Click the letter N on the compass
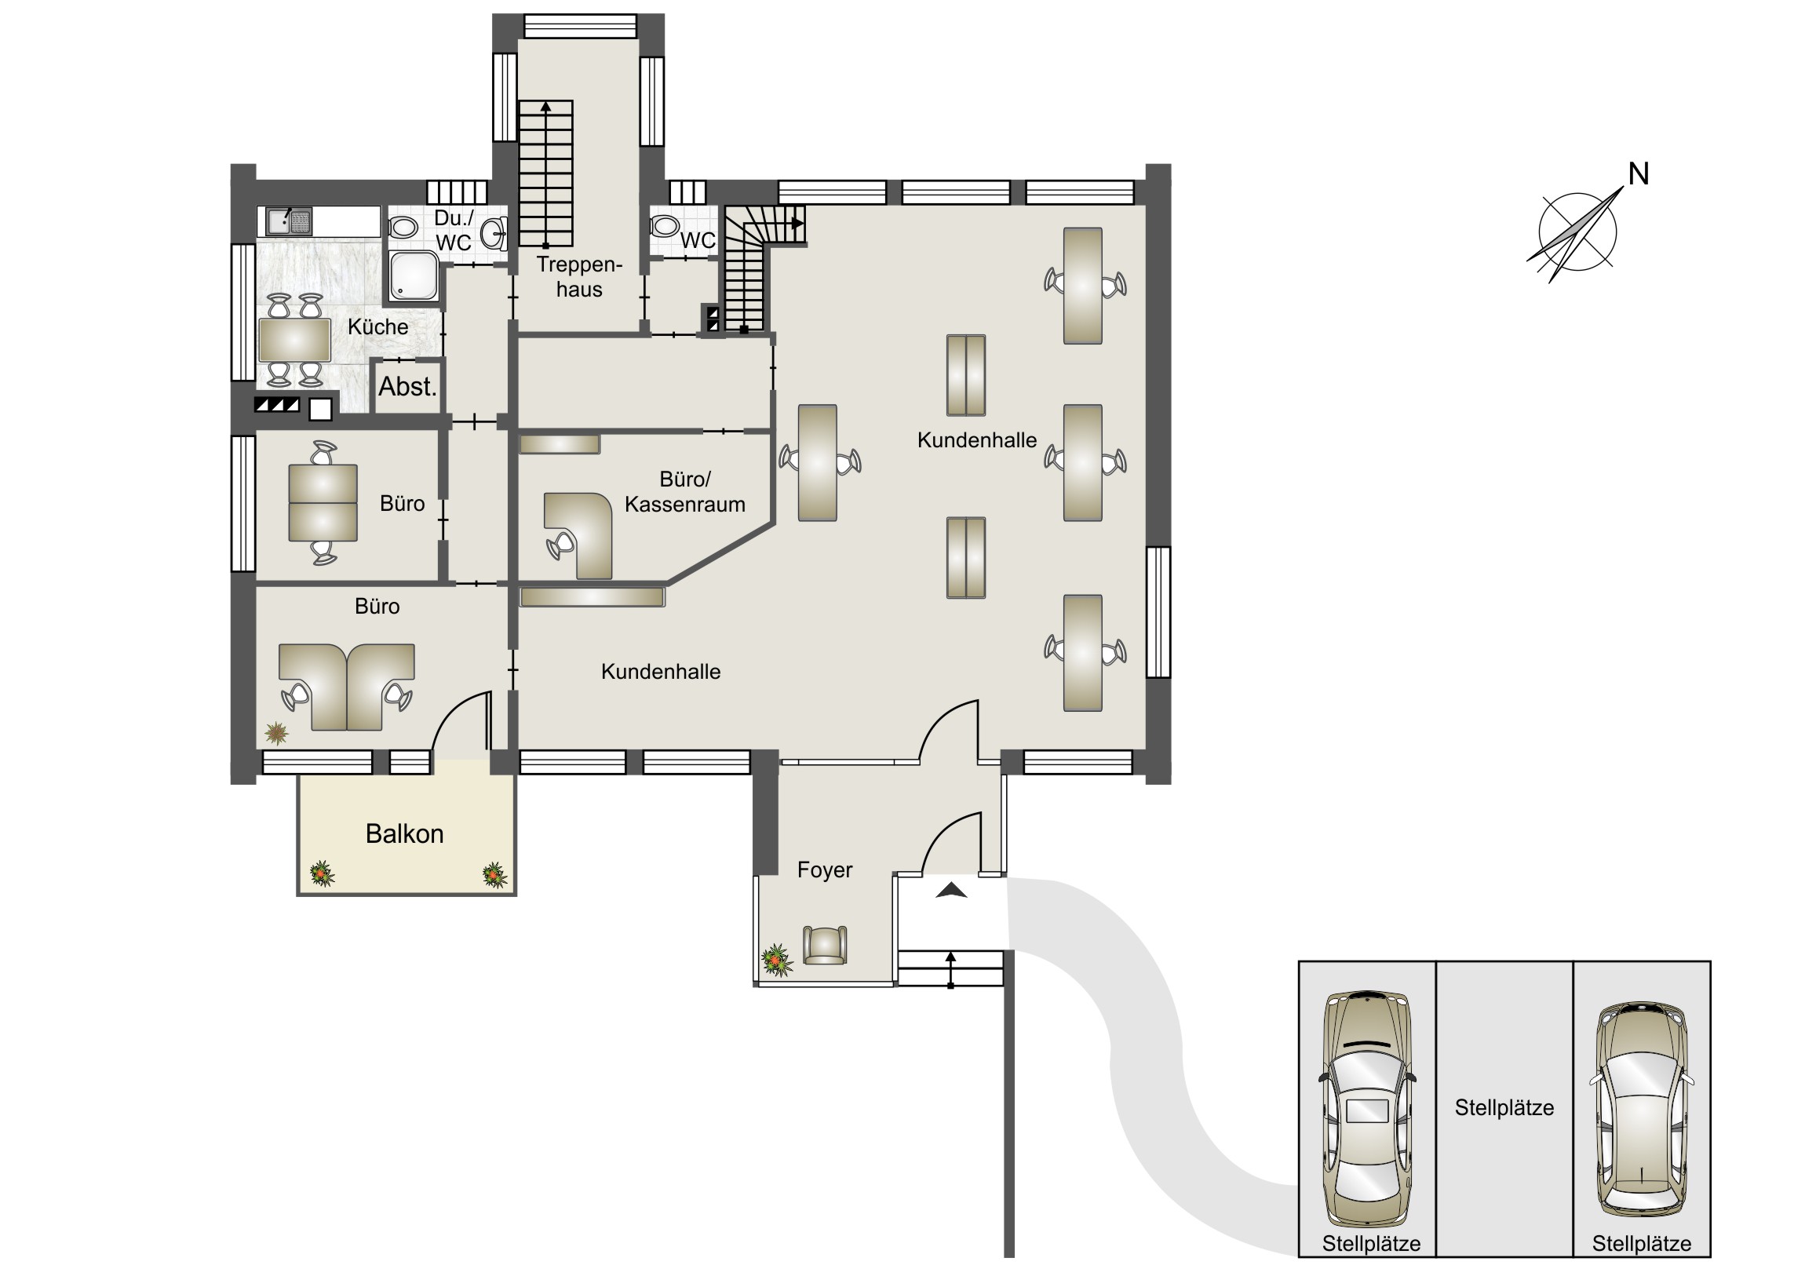(x=1639, y=174)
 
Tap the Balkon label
(x=404, y=834)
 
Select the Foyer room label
(x=825, y=870)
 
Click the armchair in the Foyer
(x=825, y=945)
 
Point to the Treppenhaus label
(x=579, y=277)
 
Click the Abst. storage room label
(x=407, y=387)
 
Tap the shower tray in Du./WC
(x=414, y=276)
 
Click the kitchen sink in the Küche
(x=289, y=221)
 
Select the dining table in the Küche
(x=295, y=341)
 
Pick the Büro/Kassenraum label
(x=685, y=492)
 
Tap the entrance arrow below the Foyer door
(x=951, y=890)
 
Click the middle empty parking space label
(x=1504, y=1108)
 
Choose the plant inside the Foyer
(x=776, y=960)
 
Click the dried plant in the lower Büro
(x=276, y=734)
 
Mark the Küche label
(x=378, y=327)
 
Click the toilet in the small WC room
(x=665, y=227)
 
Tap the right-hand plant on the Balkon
(x=494, y=875)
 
